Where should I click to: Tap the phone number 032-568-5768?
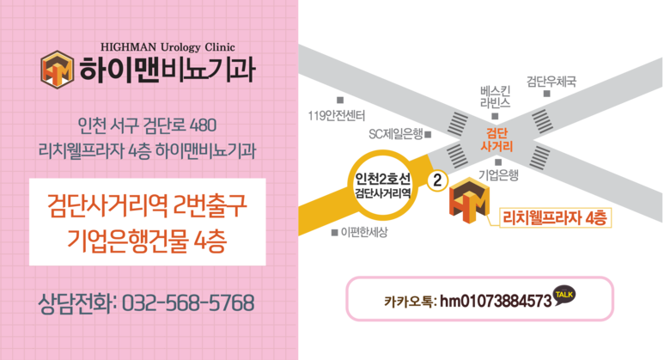[188, 303]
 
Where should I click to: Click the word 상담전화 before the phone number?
[75, 303]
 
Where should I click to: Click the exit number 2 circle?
[437, 180]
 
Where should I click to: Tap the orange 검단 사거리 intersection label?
[496, 141]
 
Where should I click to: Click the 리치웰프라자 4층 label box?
[554, 218]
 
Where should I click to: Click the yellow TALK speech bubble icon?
[564, 295]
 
